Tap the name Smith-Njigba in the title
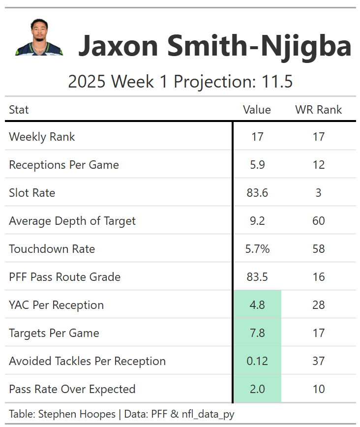click(259, 46)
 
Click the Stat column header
click(19, 110)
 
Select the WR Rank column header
click(318, 110)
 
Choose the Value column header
click(257, 110)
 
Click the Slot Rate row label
click(32, 193)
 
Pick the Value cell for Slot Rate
click(257, 193)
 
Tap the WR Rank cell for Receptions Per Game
click(319, 165)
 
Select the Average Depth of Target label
click(72, 221)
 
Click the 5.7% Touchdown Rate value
click(257, 249)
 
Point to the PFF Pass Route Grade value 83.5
click(257, 277)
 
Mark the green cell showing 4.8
click(257, 305)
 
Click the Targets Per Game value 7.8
click(257, 333)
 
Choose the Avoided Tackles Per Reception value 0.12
click(257, 361)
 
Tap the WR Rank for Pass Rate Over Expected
click(319, 389)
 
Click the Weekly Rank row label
click(42, 137)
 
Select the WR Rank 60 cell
click(319, 221)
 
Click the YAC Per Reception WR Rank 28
click(319, 305)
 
